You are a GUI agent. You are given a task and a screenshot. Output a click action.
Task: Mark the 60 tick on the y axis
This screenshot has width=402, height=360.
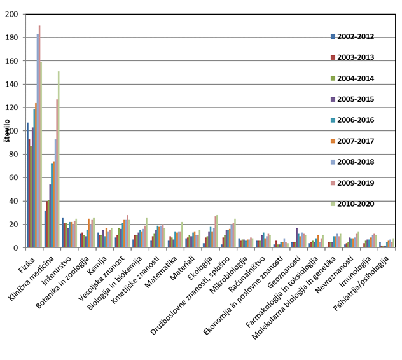click(14, 178)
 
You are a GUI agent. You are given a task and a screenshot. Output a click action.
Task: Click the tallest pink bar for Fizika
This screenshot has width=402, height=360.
click(39, 137)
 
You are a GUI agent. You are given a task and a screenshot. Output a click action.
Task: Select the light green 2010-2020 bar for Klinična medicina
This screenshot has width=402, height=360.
click(59, 159)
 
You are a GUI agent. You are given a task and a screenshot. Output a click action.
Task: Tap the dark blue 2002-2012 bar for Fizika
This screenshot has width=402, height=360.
click(27, 185)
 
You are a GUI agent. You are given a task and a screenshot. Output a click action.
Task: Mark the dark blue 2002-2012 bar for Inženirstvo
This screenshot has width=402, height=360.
click(62, 233)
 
